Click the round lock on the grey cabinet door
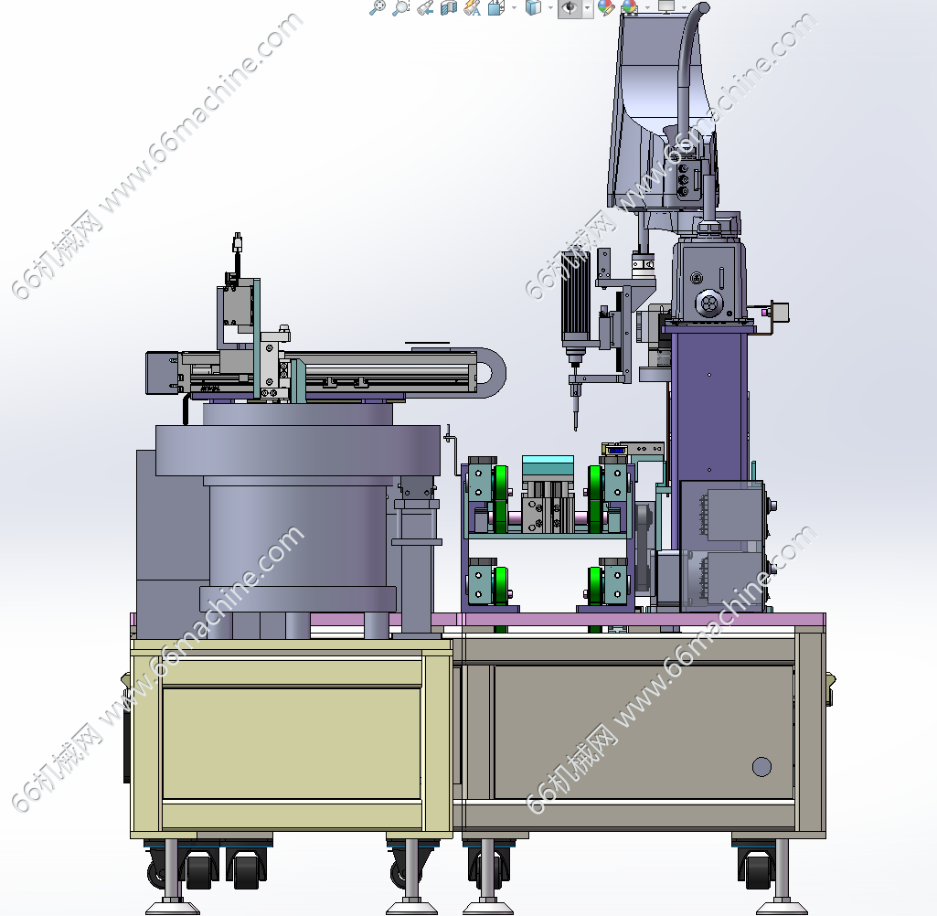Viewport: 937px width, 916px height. [761, 767]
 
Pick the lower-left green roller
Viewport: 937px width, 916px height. [501, 586]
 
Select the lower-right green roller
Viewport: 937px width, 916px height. [594, 586]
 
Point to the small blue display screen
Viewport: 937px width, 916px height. [615, 450]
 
